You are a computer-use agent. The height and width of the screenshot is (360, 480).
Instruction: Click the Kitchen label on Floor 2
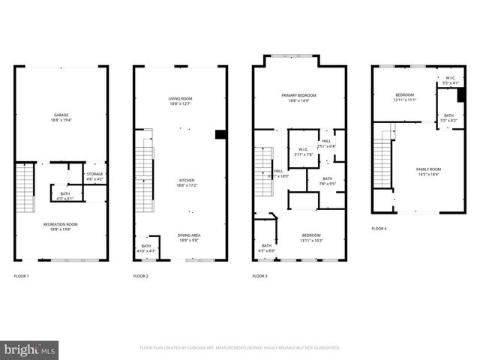[x=180, y=182]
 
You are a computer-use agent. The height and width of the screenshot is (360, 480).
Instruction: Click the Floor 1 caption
[x=22, y=277]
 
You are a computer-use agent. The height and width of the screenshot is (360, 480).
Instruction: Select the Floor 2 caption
[x=141, y=277]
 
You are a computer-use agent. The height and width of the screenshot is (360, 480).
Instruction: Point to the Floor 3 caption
[x=260, y=277]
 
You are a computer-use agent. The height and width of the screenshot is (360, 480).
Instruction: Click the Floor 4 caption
[x=379, y=229]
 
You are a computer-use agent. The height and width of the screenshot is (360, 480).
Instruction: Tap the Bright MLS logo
[x=30, y=349]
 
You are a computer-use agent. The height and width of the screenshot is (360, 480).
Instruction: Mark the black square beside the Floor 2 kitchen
[x=220, y=134]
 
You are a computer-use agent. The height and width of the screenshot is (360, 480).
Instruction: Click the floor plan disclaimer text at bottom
[x=240, y=348]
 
